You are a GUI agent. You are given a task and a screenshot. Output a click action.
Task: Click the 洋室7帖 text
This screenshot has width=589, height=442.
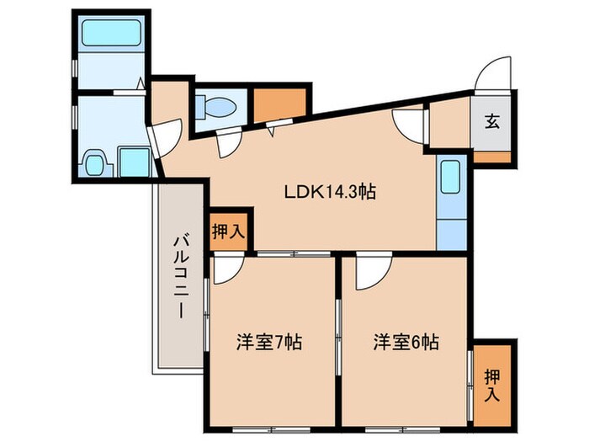click(x=268, y=343)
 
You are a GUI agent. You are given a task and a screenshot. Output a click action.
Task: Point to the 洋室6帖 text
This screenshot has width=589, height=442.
click(x=407, y=343)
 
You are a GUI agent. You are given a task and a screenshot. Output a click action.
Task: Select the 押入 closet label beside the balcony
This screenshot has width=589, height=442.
click(x=228, y=231)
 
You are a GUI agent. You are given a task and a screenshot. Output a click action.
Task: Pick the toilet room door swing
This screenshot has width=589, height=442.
click(x=226, y=145)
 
